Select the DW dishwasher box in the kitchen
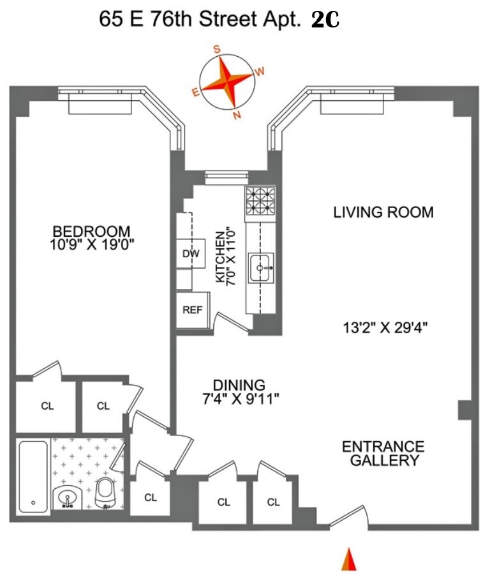point(191,254)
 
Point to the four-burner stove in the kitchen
point(259,201)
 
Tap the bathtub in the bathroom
point(33,476)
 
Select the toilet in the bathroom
point(105,491)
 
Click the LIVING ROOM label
point(383,213)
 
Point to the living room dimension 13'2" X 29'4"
point(383,329)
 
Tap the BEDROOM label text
point(91,231)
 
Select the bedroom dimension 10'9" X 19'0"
point(91,244)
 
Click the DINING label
point(239,386)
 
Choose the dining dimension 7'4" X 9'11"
point(239,399)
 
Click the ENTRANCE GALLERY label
point(383,453)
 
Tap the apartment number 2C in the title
point(325,20)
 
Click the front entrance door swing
point(349,516)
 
